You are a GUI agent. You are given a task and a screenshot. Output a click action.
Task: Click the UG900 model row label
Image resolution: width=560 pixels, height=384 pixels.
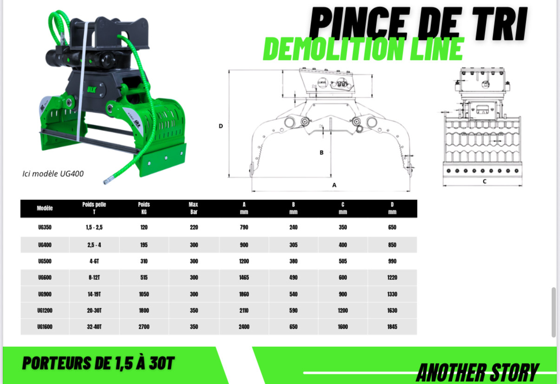pyautogui.click(x=45, y=294)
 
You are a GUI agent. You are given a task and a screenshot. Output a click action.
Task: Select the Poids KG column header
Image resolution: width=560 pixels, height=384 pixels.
pyautogui.click(x=144, y=208)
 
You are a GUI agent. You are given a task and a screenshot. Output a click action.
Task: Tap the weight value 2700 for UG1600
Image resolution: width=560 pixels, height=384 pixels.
pyautogui.click(x=144, y=327)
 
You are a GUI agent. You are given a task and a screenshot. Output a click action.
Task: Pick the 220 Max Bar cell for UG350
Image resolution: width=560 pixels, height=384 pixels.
pyautogui.click(x=194, y=227)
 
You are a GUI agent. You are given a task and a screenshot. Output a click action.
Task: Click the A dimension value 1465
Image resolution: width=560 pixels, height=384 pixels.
pyautogui.click(x=244, y=278)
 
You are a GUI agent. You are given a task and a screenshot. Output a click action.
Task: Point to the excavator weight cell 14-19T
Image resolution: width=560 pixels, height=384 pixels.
pyautogui.click(x=94, y=294)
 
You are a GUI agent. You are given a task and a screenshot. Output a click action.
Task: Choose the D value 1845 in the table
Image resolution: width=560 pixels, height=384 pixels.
pyautogui.click(x=392, y=327)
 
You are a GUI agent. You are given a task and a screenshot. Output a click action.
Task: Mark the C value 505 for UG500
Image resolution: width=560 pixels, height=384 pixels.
pyautogui.click(x=343, y=261)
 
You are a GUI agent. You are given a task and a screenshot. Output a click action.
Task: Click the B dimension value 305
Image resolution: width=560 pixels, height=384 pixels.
pyautogui.click(x=293, y=245)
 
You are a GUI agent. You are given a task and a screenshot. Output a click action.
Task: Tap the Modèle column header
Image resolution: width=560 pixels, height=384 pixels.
pyautogui.click(x=45, y=208)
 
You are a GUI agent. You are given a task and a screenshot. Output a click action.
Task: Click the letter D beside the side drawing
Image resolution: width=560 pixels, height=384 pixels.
pyautogui.click(x=221, y=126)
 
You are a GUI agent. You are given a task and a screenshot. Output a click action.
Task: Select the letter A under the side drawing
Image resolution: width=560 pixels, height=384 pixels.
pyautogui.click(x=334, y=185)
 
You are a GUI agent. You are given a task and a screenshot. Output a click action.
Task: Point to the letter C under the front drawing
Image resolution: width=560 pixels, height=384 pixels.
pyautogui.click(x=484, y=181)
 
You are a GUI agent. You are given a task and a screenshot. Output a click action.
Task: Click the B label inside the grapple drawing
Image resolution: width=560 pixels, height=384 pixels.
pyautogui.click(x=322, y=152)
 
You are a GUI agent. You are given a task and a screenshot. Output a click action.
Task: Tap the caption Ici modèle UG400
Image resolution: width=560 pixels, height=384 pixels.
pyautogui.click(x=53, y=174)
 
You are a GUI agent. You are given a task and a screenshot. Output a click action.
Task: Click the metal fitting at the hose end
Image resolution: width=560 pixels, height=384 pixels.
pyautogui.click(x=108, y=180)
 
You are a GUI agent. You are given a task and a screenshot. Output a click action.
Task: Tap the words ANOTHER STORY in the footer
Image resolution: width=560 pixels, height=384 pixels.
pyautogui.click(x=477, y=372)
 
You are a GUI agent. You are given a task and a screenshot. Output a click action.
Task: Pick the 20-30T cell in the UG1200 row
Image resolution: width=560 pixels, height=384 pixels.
pyautogui.click(x=94, y=311)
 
